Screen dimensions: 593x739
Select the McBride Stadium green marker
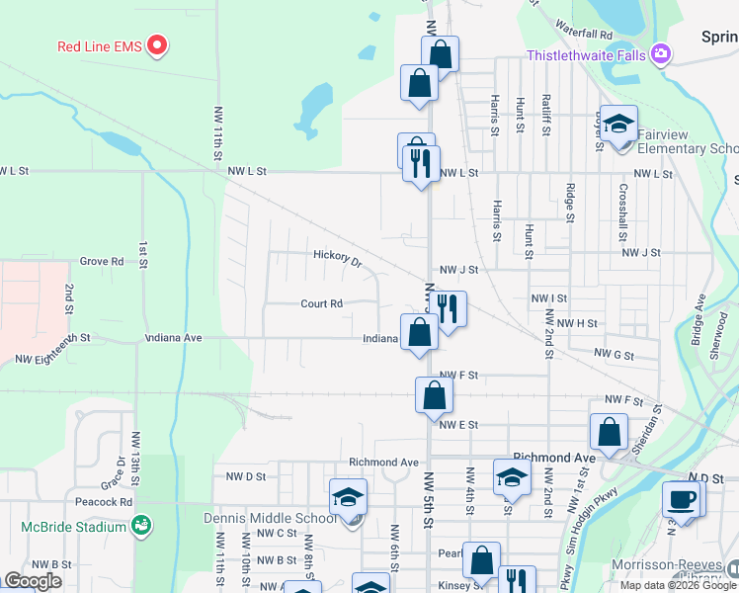click(x=142, y=523)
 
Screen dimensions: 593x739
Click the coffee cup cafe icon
click(x=684, y=498)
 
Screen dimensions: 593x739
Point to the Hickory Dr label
click(x=337, y=257)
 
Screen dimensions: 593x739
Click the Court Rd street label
click(x=321, y=303)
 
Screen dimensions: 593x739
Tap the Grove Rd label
click(x=102, y=262)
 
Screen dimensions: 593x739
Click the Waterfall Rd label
click(x=585, y=34)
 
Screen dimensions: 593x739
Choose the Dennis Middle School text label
click(x=270, y=518)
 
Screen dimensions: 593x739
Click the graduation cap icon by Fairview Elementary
click(x=619, y=125)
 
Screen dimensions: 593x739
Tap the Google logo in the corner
click(x=33, y=581)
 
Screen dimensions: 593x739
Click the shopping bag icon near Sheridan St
click(x=609, y=432)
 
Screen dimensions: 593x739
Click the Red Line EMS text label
click(x=99, y=45)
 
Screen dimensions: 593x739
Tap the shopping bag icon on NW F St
click(x=434, y=396)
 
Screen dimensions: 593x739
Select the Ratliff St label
click(x=545, y=114)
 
